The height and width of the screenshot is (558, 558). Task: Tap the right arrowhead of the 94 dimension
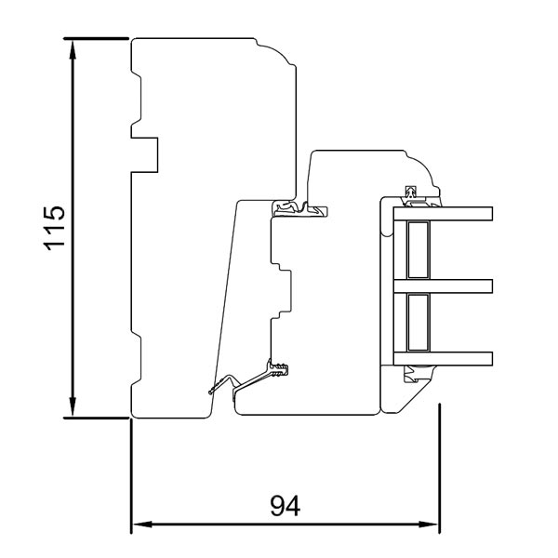click(432, 525)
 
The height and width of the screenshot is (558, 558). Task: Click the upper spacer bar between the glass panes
click(417, 249)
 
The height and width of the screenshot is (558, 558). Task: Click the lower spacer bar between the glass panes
click(417, 322)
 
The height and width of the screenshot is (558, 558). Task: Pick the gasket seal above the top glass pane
click(412, 195)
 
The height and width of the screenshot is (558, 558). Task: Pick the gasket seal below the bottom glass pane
click(412, 374)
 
